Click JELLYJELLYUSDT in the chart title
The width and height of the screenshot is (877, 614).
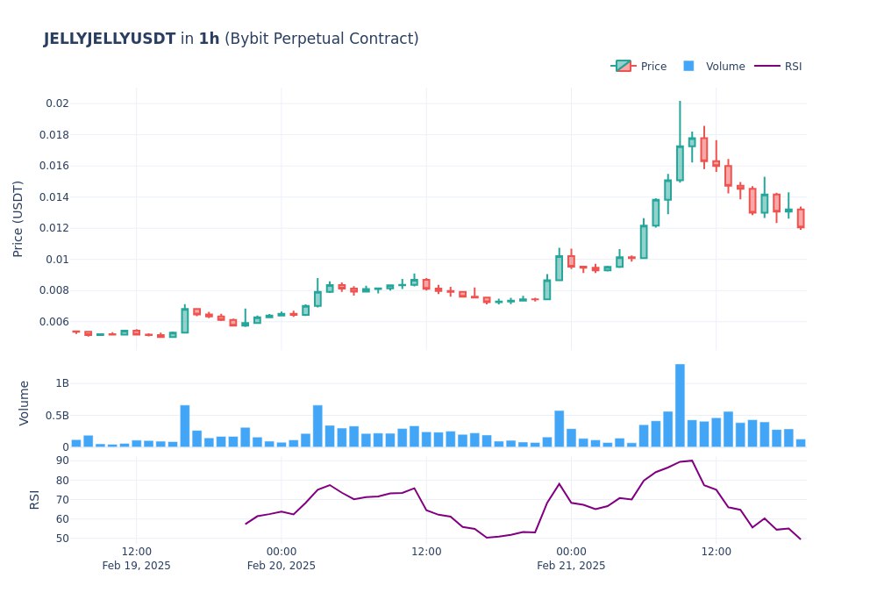pos(109,39)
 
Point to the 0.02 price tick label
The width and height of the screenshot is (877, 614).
pos(57,104)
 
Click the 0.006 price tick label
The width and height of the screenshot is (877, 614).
pos(53,322)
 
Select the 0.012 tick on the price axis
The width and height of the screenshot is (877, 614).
pos(53,228)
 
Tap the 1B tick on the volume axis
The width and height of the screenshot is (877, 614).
pos(61,383)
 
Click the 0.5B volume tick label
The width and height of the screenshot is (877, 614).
pos(55,415)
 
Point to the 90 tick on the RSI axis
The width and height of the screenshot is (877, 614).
pos(61,460)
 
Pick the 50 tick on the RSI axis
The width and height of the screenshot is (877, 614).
pos(61,538)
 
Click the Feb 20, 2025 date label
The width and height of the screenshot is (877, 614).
pos(281,566)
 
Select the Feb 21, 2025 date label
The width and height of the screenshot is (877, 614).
pos(571,566)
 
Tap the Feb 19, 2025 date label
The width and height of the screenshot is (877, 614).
pos(136,566)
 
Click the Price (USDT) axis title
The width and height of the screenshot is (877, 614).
pos(18,218)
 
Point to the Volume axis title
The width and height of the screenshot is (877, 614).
pos(25,403)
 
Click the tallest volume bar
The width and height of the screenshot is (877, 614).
pos(680,405)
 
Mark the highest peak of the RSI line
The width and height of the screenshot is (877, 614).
pos(692,460)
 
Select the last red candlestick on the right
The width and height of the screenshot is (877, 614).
pos(801,218)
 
